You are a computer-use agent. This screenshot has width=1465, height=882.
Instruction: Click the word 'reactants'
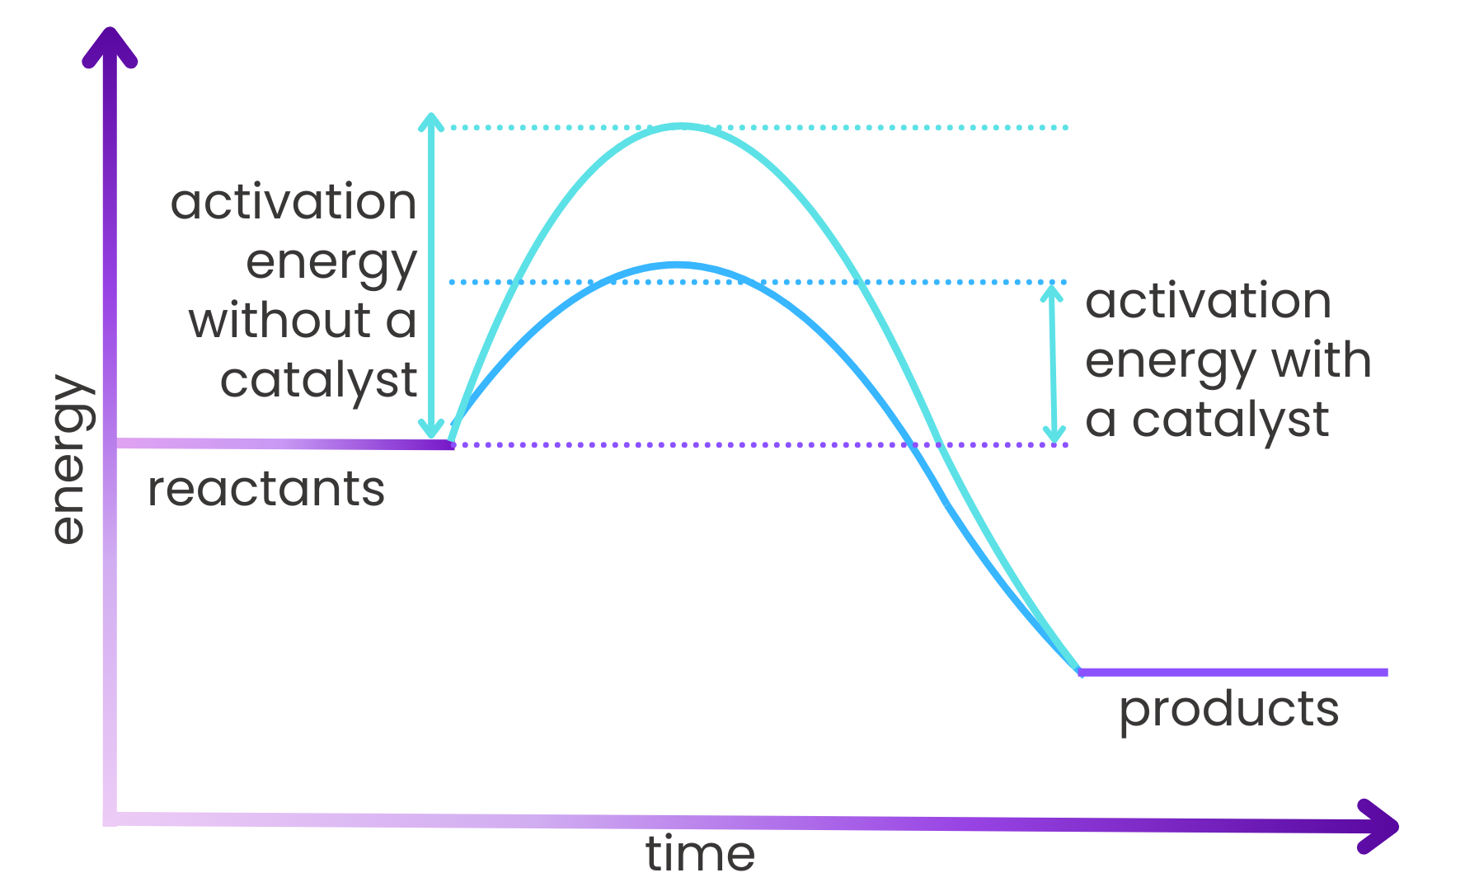265,490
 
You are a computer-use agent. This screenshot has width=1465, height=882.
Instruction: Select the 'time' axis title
700,854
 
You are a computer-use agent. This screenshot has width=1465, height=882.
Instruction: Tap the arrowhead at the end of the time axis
1379,827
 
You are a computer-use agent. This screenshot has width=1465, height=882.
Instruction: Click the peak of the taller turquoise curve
680,126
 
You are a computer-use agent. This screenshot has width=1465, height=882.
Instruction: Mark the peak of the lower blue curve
676,265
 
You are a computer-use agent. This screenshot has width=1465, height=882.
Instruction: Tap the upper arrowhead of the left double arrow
430,122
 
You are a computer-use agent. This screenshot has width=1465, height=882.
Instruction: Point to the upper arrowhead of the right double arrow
1051,293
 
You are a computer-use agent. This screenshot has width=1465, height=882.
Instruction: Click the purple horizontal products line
1233,673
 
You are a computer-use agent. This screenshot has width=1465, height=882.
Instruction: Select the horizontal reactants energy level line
284,444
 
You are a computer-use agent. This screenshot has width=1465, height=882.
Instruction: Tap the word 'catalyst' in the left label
318,381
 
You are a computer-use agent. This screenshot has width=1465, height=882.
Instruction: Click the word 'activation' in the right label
1208,301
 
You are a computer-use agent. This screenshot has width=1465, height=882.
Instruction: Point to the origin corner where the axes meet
110,819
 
